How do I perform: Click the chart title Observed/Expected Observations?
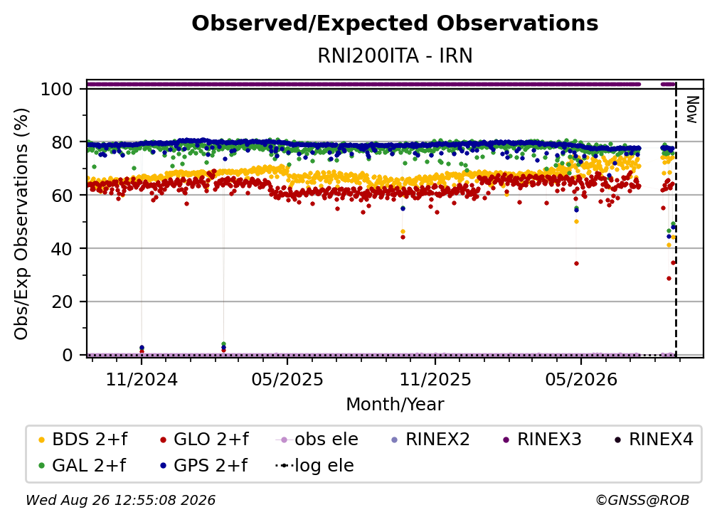click(x=395, y=23)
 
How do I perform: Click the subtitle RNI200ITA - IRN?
click(x=395, y=55)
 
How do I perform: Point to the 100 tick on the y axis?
click(x=56, y=89)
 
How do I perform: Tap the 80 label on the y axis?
click(x=62, y=143)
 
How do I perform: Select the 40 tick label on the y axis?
click(x=62, y=249)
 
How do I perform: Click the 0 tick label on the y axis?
click(x=67, y=355)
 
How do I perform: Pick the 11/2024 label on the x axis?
click(x=142, y=379)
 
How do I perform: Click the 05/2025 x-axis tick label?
click(x=287, y=379)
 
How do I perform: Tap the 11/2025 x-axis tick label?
click(x=435, y=379)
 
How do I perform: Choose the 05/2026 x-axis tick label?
click(x=581, y=379)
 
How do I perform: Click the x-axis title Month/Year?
click(x=395, y=404)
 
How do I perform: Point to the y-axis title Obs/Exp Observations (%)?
click(x=21, y=224)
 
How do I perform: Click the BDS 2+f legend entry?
click(x=83, y=440)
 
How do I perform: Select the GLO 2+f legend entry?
click(x=204, y=440)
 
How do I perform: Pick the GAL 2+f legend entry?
click(x=83, y=465)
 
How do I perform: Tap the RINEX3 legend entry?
click(x=542, y=440)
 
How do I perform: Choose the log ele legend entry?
click(x=314, y=465)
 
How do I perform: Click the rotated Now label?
click(x=692, y=110)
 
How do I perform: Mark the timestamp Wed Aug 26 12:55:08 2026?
click(x=121, y=500)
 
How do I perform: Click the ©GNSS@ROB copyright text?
click(x=642, y=500)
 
